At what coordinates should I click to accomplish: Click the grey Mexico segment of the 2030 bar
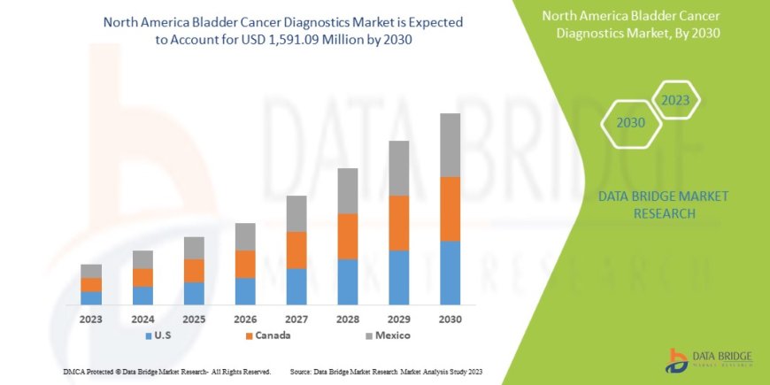450,145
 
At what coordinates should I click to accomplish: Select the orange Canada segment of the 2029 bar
398,223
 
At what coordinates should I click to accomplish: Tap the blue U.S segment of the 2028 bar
347,281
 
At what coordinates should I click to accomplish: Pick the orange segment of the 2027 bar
296,250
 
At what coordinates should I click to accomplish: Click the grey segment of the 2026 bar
245,236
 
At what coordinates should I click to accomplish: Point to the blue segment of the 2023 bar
91,298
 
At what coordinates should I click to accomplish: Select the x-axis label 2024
142,319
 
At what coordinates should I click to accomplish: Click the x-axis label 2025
194,319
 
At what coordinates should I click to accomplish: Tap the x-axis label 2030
450,319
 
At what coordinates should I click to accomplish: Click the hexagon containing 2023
675,100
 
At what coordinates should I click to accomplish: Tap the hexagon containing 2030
631,123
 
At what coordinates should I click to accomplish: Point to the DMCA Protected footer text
168,372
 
